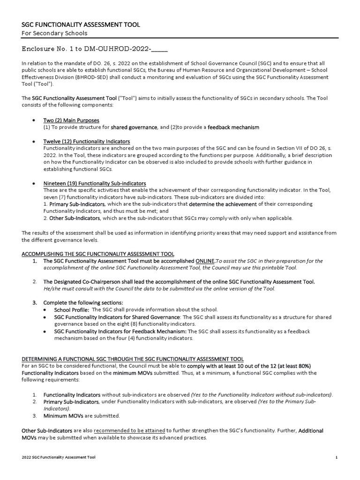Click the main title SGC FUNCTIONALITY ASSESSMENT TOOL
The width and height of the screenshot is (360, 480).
click(81, 24)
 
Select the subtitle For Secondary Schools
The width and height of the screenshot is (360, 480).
click(55, 33)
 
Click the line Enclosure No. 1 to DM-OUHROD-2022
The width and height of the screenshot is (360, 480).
click(95, 49)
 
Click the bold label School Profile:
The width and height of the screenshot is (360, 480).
click(72, 310)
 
